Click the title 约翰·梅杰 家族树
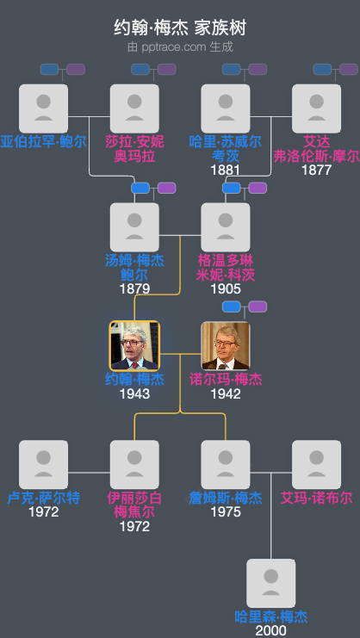179,28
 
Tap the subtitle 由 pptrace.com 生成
179,46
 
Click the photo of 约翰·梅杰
134,346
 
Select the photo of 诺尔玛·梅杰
226,346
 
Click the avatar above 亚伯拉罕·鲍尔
43,108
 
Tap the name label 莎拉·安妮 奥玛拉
134,148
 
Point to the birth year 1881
226,170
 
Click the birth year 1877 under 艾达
316,170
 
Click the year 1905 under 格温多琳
226,289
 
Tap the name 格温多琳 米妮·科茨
226,267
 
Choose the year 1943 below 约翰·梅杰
134,393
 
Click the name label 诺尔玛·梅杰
226,379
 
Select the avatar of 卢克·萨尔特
43,465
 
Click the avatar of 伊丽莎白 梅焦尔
134,465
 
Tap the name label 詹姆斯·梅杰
226,498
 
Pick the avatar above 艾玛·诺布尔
316,465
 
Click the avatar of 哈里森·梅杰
271,584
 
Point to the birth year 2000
271,630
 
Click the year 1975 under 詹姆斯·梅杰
226,512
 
